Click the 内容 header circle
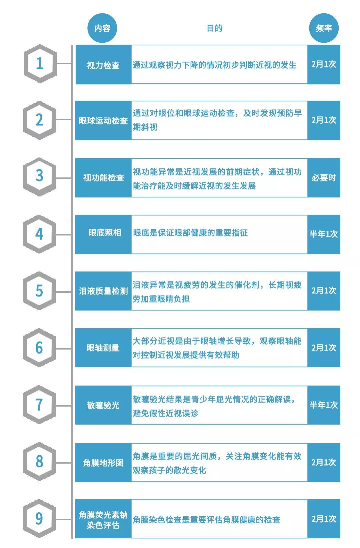point(102,28)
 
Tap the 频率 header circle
point(324,28)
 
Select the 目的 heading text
point(214,28)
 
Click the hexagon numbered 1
point(40,64)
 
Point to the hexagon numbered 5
point(39,291)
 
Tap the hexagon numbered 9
point(39,518)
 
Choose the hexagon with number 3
point(39,177)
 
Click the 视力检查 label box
point(103,65)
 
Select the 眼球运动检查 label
point(103,120)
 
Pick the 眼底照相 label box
point(103,234)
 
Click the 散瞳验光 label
point(103,405)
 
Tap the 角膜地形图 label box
point(103,462)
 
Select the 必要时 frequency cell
point(324,178)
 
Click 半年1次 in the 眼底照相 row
point(324,234)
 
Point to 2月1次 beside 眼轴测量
point(324,348)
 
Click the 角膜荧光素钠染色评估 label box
point(103,519)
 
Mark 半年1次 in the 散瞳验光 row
point(324,405)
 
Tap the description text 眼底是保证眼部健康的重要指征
point(191,233)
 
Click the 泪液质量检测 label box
point(103,291)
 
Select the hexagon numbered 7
point(39,404)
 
